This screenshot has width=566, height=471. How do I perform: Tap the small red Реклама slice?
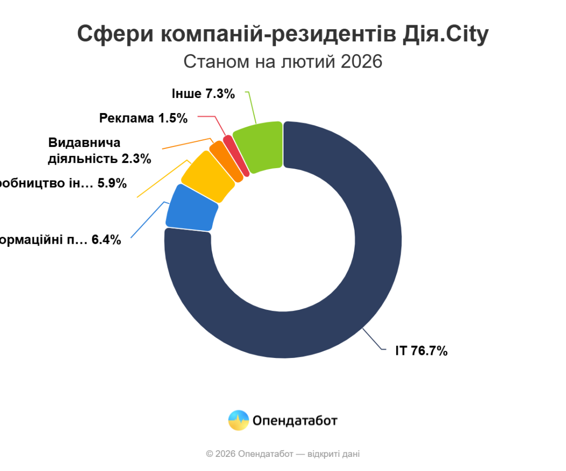236,155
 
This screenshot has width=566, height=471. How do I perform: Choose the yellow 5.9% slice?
208,177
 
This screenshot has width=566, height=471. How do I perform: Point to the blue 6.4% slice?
192,208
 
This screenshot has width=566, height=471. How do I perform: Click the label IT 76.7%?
421,351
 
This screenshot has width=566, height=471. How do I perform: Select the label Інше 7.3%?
203,93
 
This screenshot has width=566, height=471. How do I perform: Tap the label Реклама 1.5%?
144,118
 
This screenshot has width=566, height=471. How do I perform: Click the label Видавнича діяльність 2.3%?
100,150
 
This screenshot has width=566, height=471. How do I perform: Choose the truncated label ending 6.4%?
61,240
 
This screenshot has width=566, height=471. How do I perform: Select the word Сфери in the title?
115,34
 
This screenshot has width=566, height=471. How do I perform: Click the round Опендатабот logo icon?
239,420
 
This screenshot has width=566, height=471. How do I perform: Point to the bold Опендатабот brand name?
295,420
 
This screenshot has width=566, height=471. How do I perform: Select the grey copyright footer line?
283,454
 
